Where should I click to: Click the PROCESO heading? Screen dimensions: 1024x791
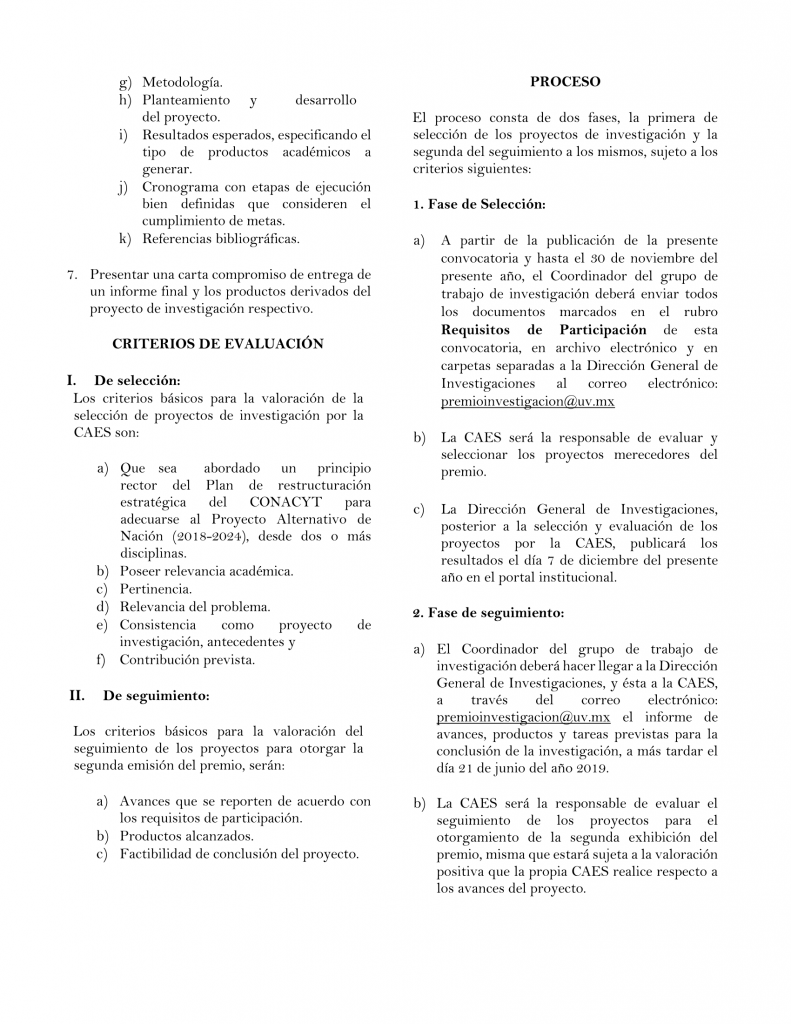565,82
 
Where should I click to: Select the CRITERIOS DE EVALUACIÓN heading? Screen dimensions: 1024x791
217,343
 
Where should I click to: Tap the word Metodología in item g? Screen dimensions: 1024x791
182,82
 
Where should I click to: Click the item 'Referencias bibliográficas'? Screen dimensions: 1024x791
220,238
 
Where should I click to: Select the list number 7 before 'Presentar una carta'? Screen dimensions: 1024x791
71,274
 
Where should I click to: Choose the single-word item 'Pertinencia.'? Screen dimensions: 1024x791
155,590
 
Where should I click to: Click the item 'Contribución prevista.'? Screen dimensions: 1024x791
187,660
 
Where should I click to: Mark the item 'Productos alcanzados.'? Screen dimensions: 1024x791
186,836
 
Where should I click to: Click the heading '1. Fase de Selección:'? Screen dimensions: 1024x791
479,205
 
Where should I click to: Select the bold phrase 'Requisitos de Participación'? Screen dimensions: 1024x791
544,330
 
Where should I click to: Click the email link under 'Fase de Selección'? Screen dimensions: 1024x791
528,401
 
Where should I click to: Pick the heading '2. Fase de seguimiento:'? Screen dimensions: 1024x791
488,612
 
